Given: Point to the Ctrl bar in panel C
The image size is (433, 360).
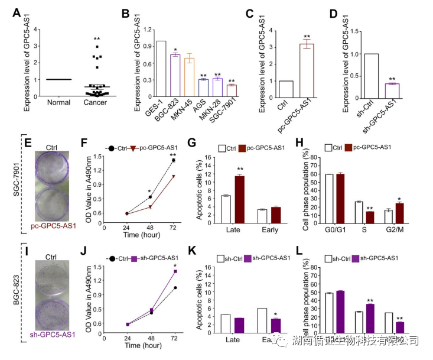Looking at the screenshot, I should tap(286, 88).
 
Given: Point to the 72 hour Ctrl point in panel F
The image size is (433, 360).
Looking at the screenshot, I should tap(174, 160).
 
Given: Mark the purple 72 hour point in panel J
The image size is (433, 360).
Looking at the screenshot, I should tap(174, 271).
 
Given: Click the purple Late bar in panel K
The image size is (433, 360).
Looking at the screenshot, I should tap(239, 326).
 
